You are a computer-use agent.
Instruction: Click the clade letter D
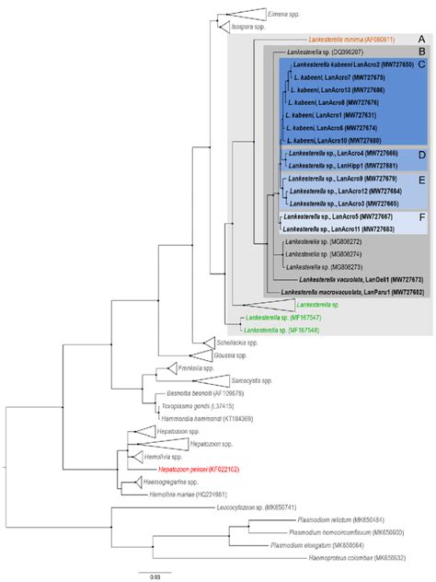419,154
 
